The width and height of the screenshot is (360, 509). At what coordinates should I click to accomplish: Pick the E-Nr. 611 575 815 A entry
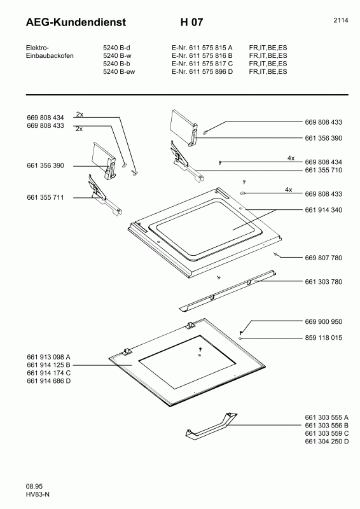(202, 48)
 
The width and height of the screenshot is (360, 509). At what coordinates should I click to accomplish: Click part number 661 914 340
(324, 210)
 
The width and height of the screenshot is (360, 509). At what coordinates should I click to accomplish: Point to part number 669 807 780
(324, 258)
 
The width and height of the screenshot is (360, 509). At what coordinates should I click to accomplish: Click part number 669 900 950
(324, 321)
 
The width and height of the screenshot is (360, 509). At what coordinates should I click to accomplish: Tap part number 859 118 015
(324, 338)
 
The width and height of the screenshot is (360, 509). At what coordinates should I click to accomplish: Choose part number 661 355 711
(46, 197)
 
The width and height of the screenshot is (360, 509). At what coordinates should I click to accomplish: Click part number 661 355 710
(324, 170)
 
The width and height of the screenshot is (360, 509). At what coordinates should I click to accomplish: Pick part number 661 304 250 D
(327, 442)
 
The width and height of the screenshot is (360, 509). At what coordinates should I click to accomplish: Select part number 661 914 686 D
(49, 380)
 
